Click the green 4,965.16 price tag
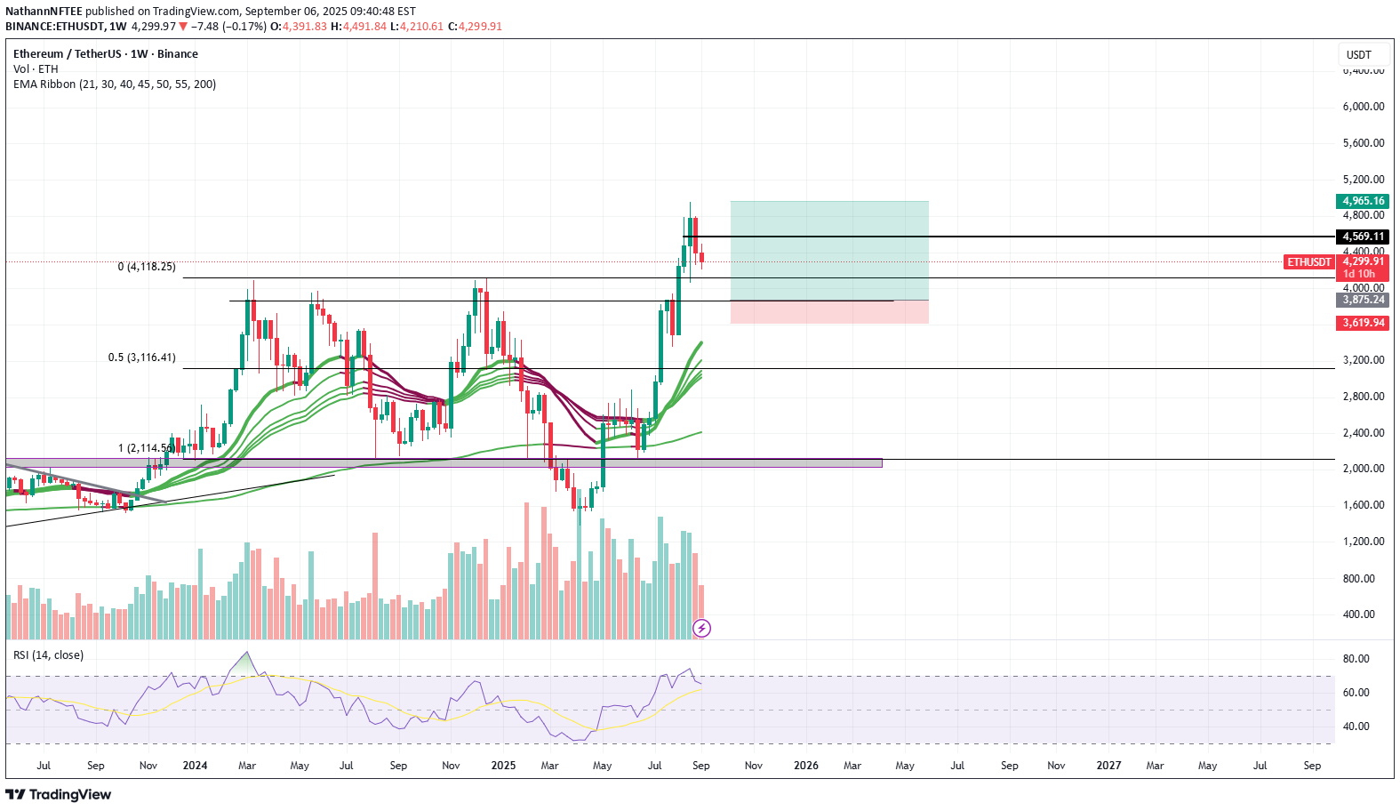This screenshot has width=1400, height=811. coord(1363,201)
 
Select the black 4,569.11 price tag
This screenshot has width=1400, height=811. coord(1363,237)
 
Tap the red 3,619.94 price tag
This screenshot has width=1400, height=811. coord(1363,323)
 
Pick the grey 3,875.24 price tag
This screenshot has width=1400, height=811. coord(1363,300)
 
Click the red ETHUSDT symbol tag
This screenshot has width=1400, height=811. coord(1309,262)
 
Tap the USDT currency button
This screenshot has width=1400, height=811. coord(1358,55)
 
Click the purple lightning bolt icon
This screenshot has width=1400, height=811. coord(701,629)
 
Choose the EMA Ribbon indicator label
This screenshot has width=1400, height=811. coord(115,84)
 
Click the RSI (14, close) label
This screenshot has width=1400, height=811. coord(49,655)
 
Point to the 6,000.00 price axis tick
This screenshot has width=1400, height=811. coord(1363,107)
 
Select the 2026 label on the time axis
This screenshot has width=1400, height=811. coord(806,766)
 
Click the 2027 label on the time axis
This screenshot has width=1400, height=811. coord(1108,766)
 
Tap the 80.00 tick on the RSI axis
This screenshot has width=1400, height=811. coord(1356,659)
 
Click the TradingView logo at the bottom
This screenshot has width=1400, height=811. coord(59,795)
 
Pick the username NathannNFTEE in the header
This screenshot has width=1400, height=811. coord(44,12)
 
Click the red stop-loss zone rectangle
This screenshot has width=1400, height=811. coord(829,312)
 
